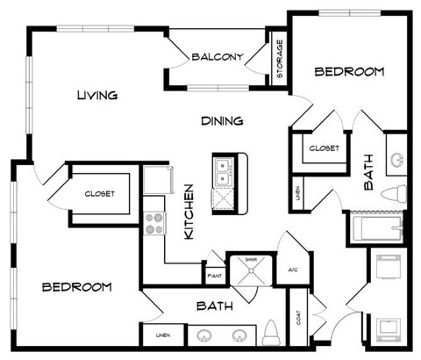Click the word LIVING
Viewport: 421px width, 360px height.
(96, 95)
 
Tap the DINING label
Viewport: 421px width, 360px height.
(222, 120)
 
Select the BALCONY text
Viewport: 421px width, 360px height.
(217, 57)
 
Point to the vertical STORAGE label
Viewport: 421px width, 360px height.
(280, 60)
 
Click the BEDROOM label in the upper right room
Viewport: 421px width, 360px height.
(350, 72)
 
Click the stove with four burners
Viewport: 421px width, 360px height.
(154, 224)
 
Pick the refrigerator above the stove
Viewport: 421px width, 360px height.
(159, 183)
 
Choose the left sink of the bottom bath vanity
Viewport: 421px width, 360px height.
(205, 335)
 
